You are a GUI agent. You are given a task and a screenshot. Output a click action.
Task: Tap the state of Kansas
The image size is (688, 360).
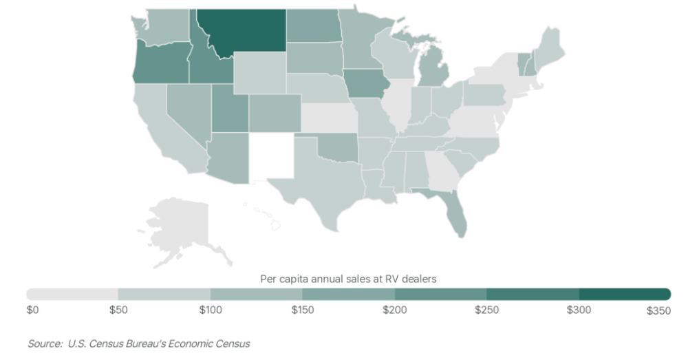tap(329, 118)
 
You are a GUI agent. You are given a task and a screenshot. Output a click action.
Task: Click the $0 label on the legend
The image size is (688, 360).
tap(32, 311)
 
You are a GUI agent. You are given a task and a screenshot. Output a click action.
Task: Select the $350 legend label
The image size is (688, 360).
tap(658, 311)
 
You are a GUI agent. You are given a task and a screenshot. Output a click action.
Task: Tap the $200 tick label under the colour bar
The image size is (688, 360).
tap(395, 311)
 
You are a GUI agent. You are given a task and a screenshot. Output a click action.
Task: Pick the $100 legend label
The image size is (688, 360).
tap(211, 311)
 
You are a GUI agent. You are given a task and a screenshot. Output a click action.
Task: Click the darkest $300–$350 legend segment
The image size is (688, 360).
tap(625, 294)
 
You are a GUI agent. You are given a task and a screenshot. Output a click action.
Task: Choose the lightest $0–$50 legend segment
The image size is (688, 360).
tap(72, 294)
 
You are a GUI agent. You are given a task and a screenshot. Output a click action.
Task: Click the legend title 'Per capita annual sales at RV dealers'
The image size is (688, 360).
tap(349, 279)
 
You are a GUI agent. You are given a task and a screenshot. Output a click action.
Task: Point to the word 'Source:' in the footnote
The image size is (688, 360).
tap(43, 343)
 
